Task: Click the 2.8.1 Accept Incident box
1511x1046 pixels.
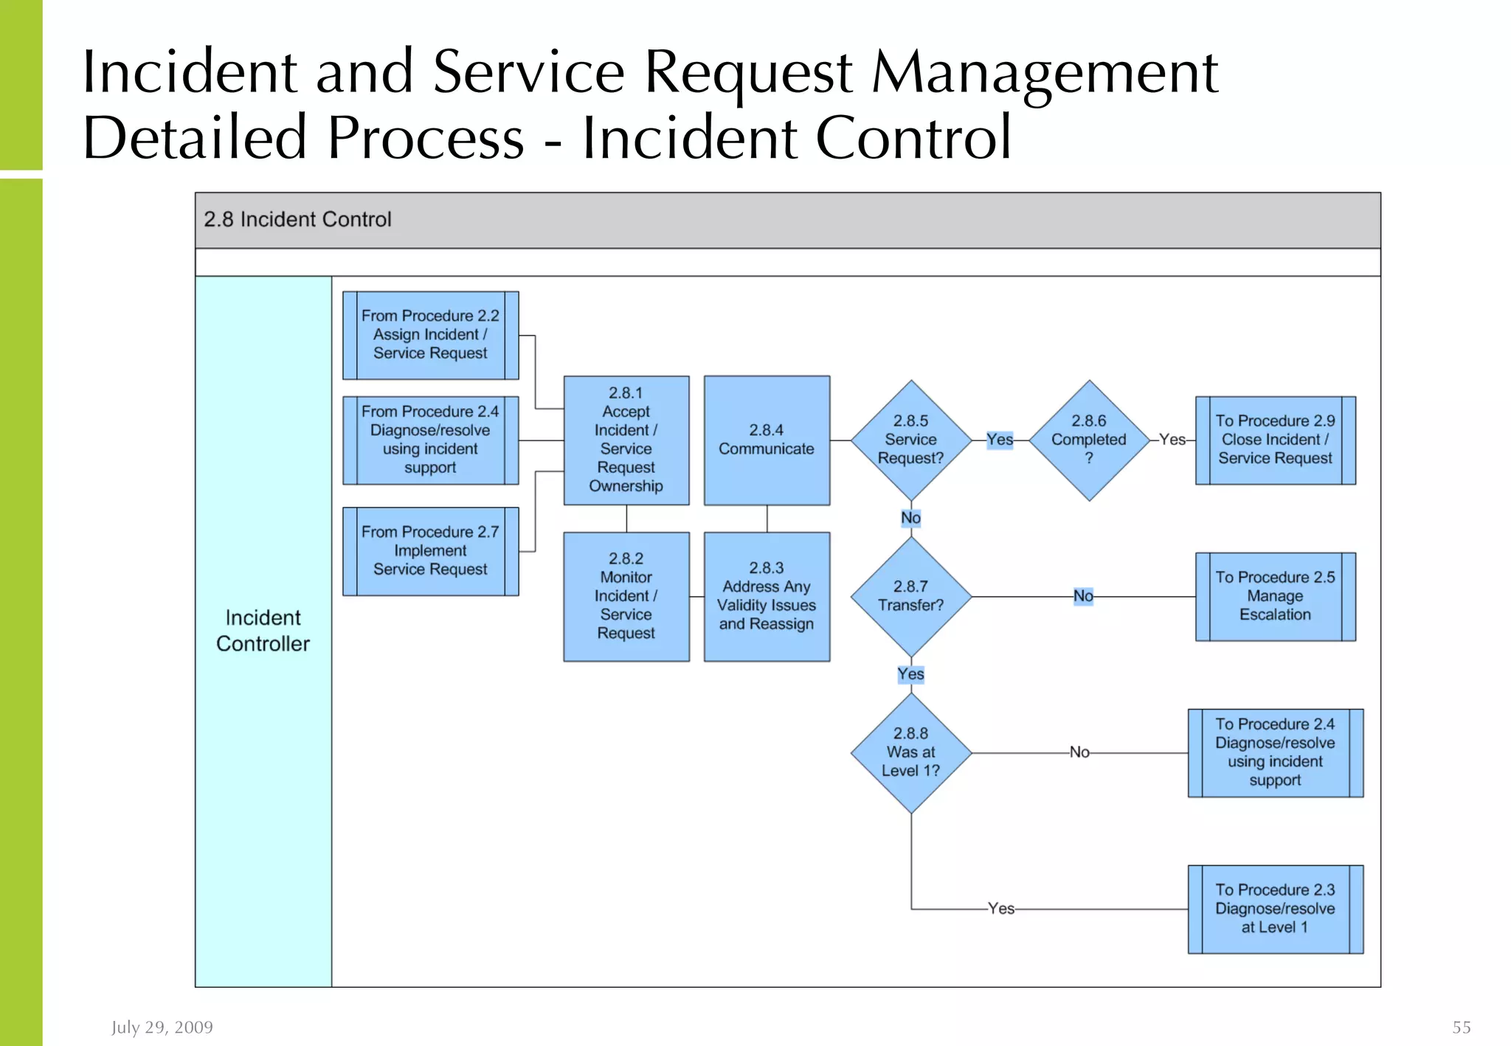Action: coord(626,440)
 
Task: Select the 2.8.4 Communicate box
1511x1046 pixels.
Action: coord(767,440)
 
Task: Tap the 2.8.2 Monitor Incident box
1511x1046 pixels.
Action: coord(626,596)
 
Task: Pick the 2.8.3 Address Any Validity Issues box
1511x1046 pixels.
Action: coord(767,596)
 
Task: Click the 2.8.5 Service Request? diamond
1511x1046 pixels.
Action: coord(910,440)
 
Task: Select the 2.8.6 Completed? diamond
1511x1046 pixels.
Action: coord(1089,440)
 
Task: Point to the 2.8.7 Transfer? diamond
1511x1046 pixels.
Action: coord(910,596)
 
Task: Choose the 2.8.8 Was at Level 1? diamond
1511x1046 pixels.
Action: coord(910,752)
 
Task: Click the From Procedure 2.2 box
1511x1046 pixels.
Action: coord(430,335)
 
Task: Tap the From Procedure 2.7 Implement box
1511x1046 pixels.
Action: coord(430,551)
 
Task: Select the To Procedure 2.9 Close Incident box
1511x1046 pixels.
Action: coord(1275,440)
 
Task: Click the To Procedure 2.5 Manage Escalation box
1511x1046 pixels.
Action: coord(1275,596)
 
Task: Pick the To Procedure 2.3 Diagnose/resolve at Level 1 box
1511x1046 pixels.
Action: coord(1275,909)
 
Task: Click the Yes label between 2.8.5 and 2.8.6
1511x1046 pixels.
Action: coord(1000,440)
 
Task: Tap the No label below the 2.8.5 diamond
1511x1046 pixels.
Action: coord(910,518)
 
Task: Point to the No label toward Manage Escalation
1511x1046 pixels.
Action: coord(1083,596)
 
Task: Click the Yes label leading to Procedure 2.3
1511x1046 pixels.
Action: coord(1001,909)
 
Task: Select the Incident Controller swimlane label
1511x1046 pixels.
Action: coord(263,631)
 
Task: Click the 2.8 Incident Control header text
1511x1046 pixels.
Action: coord(297,220)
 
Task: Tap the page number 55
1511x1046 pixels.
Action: coord(1461,1028)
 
